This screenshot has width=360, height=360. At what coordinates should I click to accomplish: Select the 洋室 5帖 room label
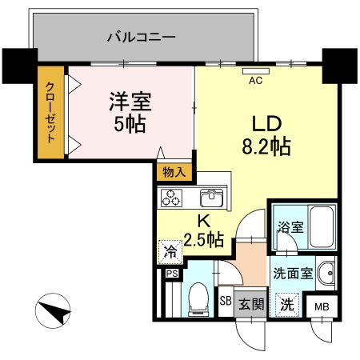click(129, 112)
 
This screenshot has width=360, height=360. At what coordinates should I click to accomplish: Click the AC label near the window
click(256, 80)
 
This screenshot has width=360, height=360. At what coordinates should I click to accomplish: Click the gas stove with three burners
click(172, 198)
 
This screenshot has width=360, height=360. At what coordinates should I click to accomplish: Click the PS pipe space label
click(170, 273)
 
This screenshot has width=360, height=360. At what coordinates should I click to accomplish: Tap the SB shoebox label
click(226, 302)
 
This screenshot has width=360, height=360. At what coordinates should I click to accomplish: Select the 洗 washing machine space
click(285, 305)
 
